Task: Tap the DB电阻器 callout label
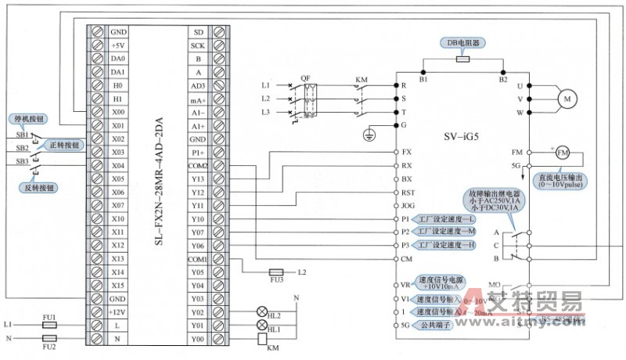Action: click(x=463, y=43)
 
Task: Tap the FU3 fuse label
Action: click(x=276, y=279)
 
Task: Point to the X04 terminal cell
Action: click(x=118, y=165)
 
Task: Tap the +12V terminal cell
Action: click(x=118, y=311)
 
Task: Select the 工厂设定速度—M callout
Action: click(x=444, y=232)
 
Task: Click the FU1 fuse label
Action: click(x=49, y=316)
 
